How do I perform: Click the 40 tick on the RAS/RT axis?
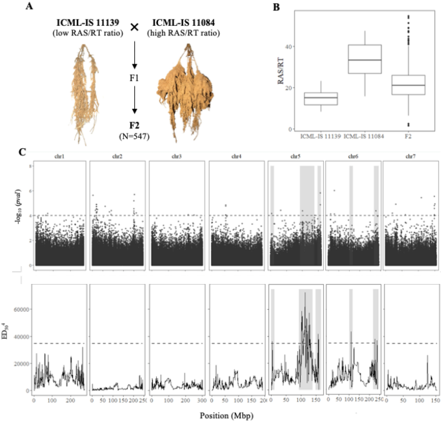click(x=291, y=47)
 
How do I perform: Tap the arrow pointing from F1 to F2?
click(x=135, y=101)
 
